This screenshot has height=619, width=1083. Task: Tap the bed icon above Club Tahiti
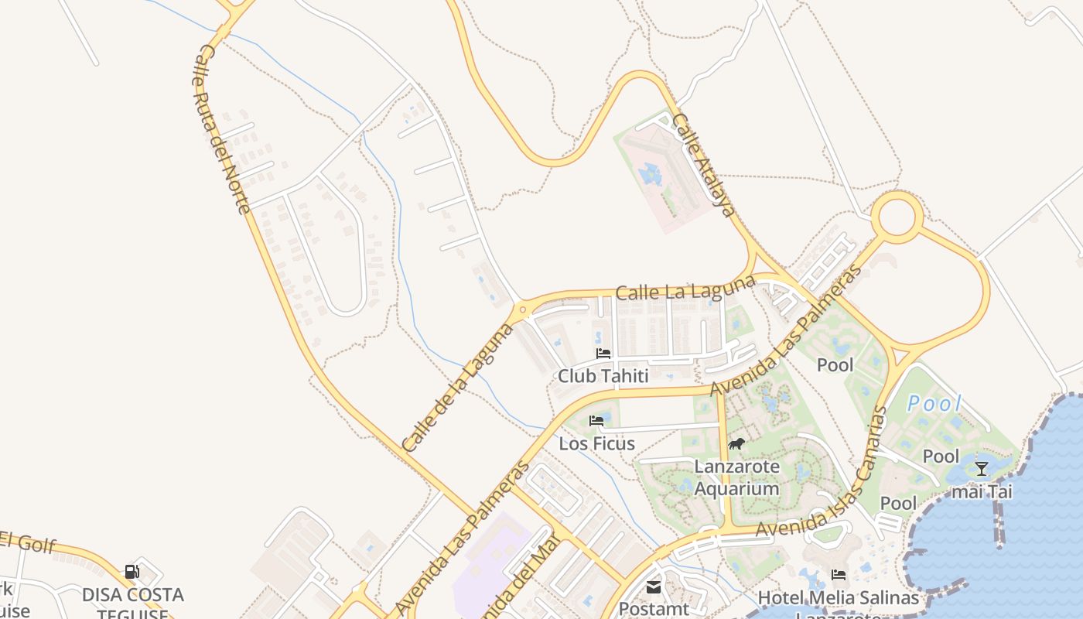point(603,354)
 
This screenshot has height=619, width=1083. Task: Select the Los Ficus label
point(596,443)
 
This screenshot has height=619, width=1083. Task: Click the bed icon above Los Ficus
point(596,421)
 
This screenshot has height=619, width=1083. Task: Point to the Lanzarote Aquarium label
point(736,477)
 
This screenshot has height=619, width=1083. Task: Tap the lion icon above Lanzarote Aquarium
point(736,444)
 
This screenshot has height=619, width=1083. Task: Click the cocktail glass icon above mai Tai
point(982,468)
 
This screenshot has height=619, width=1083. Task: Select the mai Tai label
point(981,491)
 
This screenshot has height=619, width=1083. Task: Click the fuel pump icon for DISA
point(132,572)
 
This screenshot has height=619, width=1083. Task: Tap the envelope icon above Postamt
point(654,587)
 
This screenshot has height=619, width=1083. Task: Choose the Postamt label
point(654,609)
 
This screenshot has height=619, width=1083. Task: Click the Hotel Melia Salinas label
point(839,597)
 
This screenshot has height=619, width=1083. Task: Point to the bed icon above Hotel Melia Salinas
point(839,575)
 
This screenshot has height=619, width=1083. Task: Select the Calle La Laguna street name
point(685,288)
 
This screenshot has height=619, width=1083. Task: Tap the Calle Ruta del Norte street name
point(222,128)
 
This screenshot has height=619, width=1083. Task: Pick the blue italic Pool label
point(934,403)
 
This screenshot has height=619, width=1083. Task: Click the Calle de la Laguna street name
point(459,387)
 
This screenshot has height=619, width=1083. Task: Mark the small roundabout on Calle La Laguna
point(524,310)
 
